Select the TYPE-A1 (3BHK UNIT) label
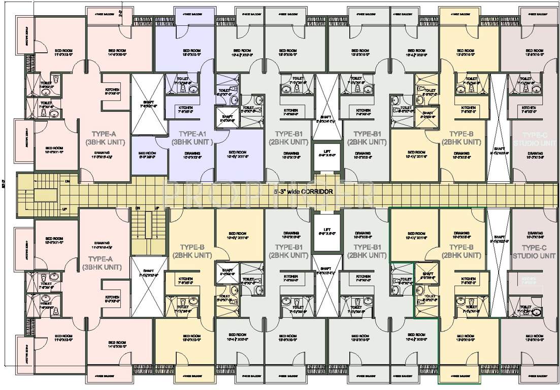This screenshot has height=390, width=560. click(190, 138)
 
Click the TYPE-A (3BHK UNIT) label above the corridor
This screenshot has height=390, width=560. click(100, 138)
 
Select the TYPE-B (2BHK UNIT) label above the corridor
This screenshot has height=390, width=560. click(461, 138)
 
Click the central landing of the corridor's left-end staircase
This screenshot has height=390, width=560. click(40, 193)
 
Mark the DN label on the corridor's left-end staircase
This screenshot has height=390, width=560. click(67, 181)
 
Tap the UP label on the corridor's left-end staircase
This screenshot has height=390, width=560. click(64, 209)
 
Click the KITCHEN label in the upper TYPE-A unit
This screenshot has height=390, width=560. click(112, 90)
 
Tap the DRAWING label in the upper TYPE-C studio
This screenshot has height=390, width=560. click(535, 153)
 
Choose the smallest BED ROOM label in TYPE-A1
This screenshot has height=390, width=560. click(147, 153)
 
